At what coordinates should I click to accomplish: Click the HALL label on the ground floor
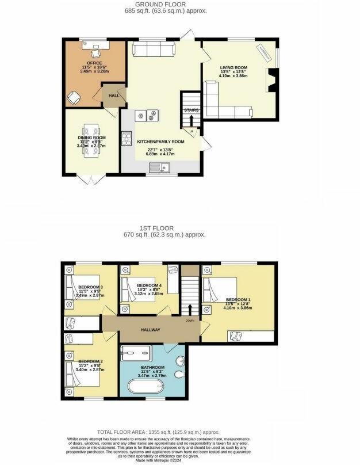click(x=114, y=95)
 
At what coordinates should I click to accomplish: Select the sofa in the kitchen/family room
click(x=154, y=50)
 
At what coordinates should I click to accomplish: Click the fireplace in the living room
click(x=272, y=80)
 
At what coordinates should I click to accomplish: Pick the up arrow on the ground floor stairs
click(x=191, y=120)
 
